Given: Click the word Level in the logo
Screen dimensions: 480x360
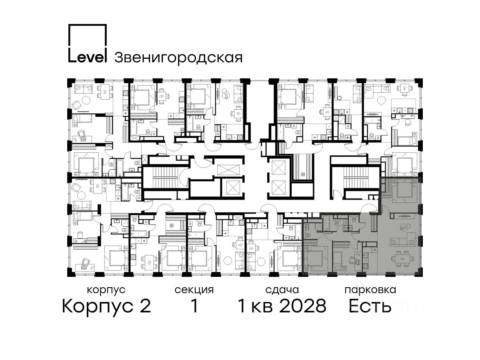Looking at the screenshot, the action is point(87,57).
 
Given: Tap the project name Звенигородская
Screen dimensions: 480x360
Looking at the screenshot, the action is point(178,58).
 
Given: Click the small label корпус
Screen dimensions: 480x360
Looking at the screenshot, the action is point(106,290).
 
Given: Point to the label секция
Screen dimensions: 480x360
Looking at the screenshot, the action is point(194,290).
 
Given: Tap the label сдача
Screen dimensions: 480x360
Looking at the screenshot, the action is point(282,290).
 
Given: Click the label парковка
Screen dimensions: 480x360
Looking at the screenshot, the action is point(370,290).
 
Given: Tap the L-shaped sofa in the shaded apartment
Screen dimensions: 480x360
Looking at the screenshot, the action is point(403,240).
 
